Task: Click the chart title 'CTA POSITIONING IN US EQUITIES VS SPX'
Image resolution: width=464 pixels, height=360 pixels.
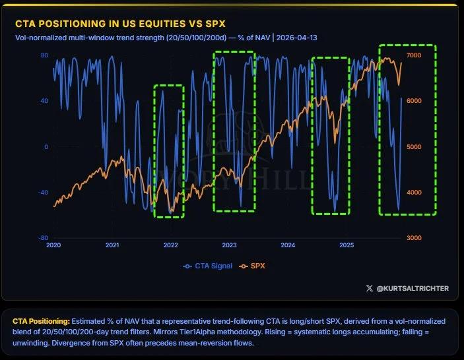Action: click(x=120, y=23)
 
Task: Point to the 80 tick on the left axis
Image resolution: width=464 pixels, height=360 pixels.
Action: click(x=44, y=55)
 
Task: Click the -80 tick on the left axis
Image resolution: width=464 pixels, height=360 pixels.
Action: click(x=42, y=238)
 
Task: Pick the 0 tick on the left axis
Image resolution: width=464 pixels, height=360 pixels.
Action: click(x=46, y=146)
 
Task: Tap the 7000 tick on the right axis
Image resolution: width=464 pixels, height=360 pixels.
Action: click(x=449, y=55)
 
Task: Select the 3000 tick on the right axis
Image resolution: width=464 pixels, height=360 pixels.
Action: click(x=449, y=238)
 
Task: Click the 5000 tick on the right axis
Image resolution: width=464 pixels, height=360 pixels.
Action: click(x=449, y=146)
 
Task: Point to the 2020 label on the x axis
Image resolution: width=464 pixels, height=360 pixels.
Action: click(x=53, y=245)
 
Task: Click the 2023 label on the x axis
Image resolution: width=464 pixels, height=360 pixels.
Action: click(x=229, y=245)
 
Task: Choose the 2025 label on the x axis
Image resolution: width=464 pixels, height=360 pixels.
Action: click(x=346, y=245)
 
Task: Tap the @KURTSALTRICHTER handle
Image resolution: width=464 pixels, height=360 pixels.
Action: click(x=412, y=287)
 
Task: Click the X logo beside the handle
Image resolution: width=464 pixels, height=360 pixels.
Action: click(x=369, y=287)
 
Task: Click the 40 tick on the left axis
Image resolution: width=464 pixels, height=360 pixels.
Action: click(x=44, y=101)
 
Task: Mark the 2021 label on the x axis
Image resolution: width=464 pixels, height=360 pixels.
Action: click(x=112, y=245)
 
